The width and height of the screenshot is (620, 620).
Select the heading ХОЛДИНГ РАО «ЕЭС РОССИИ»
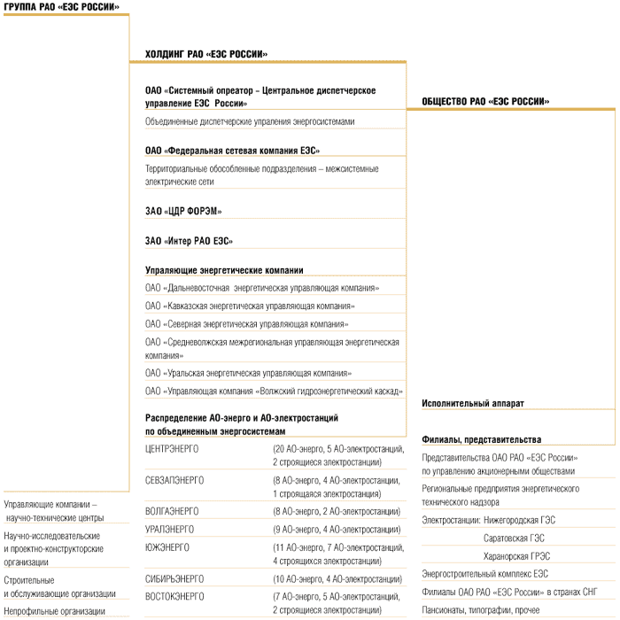[206, 54]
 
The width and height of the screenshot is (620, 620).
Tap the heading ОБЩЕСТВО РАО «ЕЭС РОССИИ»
[485, 102]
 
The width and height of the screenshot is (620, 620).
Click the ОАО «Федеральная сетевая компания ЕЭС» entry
[233, 151]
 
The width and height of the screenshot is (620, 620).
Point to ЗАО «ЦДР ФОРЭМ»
[183, 211]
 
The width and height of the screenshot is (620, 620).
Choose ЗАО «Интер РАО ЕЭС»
[190, 241]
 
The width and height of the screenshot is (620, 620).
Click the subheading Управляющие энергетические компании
[224, 270]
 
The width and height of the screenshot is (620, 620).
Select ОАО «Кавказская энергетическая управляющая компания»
[251, 306]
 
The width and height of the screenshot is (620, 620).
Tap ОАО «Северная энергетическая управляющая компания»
[247, 323]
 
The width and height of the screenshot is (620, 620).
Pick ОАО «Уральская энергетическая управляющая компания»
[249, 373]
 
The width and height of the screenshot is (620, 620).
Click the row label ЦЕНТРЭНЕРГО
[172, 449]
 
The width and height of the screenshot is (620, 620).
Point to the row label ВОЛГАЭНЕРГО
[172, 511]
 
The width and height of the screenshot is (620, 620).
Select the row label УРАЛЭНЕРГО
[170, 529]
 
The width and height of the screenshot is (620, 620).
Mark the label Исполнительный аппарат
[473, 404]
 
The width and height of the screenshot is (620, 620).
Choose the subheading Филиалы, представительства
[482, 439]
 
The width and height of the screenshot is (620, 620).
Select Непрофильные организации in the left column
[55, 610]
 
